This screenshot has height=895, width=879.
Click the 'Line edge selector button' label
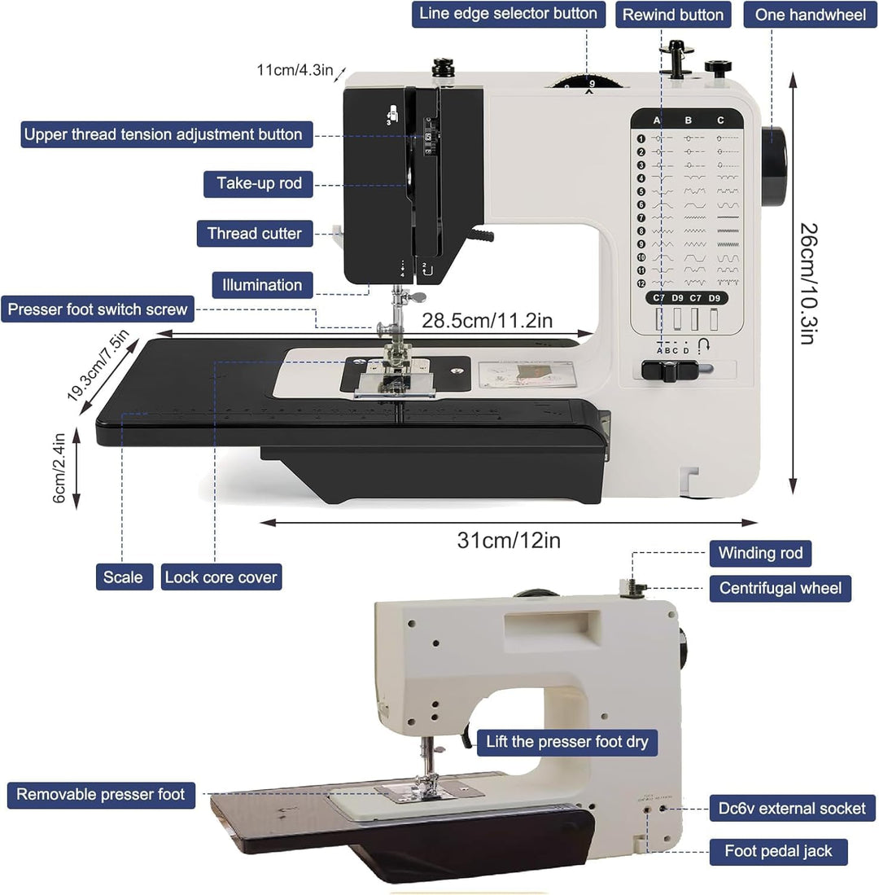(x=509, y=14)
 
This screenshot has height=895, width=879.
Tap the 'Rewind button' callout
(x=672, y=15)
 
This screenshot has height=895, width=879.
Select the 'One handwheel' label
(x=810, y=15)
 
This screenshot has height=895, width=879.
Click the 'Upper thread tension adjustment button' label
(x=163, y=134)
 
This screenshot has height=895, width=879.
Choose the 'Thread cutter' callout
(x=254, y=234)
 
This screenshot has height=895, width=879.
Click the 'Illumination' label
(x=262, y=285)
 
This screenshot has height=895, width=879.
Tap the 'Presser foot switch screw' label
(x=98, y=309)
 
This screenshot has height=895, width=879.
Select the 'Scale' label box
(x=124, y=577)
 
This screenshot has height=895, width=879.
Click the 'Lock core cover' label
(x=221, y=577)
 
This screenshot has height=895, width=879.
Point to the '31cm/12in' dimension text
(x=508, y=540)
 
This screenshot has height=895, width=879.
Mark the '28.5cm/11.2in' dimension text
(x=487, y=320)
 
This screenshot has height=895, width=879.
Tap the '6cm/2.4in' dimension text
(x=59, y=470)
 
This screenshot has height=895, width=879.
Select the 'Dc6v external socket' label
(x=792, y=808)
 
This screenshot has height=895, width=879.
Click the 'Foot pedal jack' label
(x=778, y=851)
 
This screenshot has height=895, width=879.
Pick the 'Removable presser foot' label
(x=101, y=794)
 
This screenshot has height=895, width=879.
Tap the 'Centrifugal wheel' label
(x=780, y=587)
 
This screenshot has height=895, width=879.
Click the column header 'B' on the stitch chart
(x=688, y=121)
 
